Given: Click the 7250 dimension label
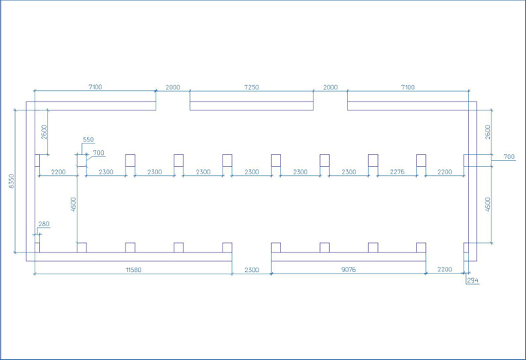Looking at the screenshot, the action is coord(252,87).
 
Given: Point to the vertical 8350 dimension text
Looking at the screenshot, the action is coord(12,181).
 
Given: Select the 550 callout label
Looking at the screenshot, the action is coord(88,140).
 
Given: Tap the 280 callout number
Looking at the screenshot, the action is coord(44,224).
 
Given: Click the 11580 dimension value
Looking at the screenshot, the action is coord(134,269).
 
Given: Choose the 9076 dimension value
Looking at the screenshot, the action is coord(349,269).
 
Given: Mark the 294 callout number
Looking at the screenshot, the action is coord(473,280).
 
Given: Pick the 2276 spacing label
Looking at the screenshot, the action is coord(398,172).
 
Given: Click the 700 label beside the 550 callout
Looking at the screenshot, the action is coord(98,153).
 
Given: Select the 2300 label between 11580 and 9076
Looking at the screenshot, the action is coord(252,270).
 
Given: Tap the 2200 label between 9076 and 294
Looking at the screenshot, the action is coord(445,269).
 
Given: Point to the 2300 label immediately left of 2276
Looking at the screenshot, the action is coord(349,172).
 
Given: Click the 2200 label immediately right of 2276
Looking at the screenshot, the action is coord(445,172).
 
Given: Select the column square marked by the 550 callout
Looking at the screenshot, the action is coord(82,160).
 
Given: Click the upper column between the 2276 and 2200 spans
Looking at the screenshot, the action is coord(422,160).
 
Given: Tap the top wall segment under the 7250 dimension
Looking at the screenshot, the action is coord(252,106).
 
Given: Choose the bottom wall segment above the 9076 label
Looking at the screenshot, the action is coord(349,257).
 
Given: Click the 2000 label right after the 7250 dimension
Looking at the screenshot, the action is coord(331,87).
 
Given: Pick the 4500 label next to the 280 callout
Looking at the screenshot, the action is coord(74,204).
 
